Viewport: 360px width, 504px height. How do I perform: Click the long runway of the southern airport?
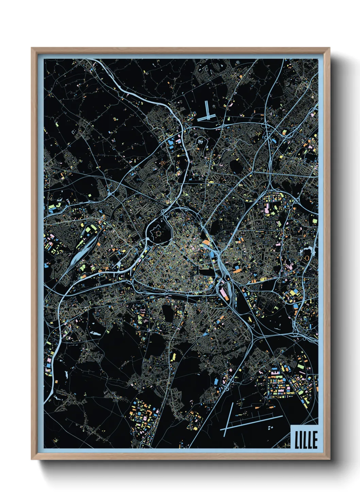tap(252, 422)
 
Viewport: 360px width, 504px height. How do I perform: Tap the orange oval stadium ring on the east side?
tap(307, 258)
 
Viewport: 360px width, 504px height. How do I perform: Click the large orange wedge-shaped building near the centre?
tap(206, 243)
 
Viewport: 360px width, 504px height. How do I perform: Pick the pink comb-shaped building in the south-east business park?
tap(277, 378)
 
